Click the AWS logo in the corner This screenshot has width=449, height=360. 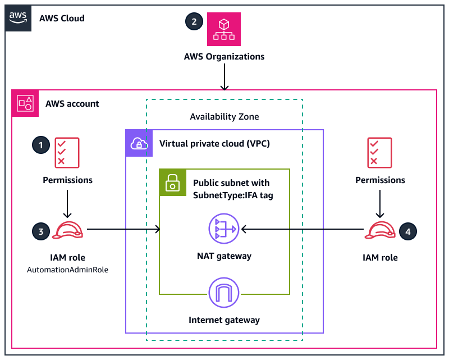[x=18, y=18]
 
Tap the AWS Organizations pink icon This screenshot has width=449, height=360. [x=224, y=30]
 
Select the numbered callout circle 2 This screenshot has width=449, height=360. [x=194, y=22]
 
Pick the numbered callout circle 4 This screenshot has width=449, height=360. [x=409, y=230]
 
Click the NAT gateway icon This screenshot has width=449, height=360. [x=224, y=229]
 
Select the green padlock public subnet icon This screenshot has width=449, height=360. [x=172, y=182]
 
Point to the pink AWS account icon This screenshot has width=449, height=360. [x=25, y=103]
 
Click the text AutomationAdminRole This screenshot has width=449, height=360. [x=67, y=270]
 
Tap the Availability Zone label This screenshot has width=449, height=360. [x=224, y=117]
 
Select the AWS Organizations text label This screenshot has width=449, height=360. [x=224, y=57]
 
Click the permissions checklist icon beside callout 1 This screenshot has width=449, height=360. [x=67, y=153]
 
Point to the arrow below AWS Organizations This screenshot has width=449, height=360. [x=224, y=77]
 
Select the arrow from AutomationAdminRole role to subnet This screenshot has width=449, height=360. [x=123, y=229]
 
